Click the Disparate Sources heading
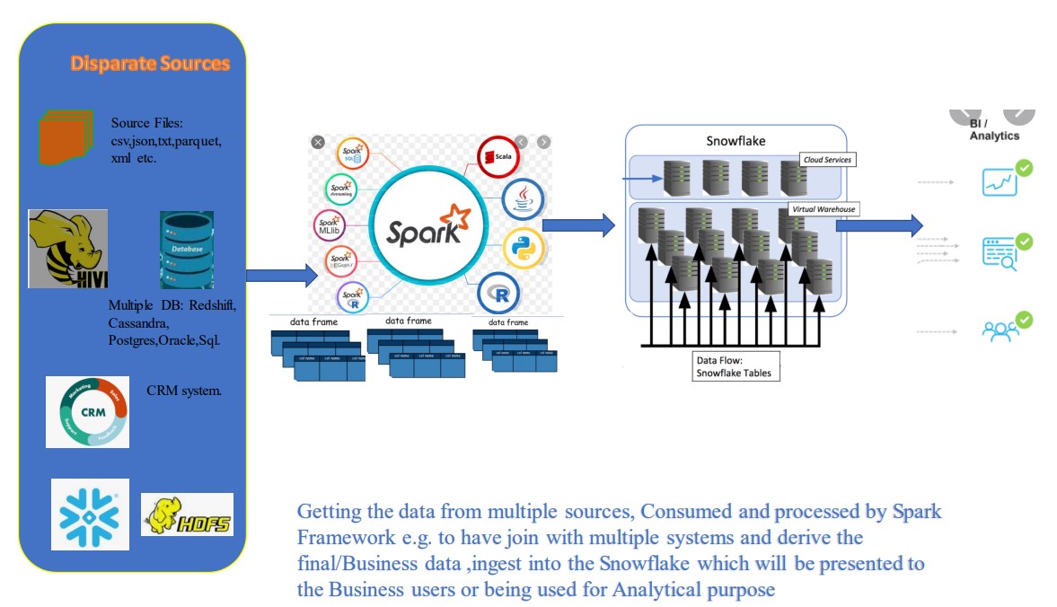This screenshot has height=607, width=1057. tap(150, 64)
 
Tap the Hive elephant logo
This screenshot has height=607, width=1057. tap(67, 249)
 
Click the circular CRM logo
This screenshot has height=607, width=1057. tap(87, 411)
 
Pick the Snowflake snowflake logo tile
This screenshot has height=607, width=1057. tap(89, 515)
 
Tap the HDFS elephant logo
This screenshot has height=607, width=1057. tap(187, 515)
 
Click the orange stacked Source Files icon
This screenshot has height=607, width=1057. tap(66, 136)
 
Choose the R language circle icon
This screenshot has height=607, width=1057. tap(498, 294)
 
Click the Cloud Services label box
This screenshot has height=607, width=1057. tap(827, 159)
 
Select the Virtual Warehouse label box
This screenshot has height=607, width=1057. tap(824, 209)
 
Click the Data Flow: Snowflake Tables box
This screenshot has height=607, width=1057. tap(732, 366)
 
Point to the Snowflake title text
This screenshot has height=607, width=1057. tap(735, 141)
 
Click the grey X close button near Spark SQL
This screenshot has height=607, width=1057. tap(318, 142)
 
